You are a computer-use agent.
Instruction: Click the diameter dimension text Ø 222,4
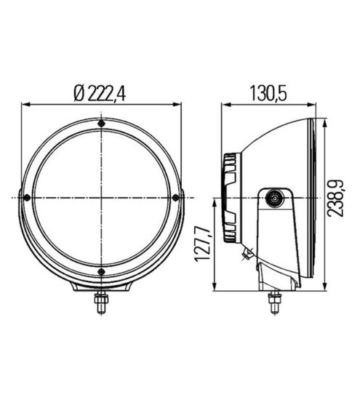click(x=100, y=94)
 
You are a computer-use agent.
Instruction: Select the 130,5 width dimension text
click(x=268, y=94)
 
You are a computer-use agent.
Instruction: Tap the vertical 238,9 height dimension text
click(x=336, y=198)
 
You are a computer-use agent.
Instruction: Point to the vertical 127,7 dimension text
click(x=203, y=244)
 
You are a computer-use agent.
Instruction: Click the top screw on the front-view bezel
click(x=102, y=124)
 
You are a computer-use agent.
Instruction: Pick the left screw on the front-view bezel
click(x=27, y=197)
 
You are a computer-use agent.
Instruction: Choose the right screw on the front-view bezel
click(x=176, y=197)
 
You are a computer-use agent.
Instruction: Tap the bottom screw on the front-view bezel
click(x=102, y=272)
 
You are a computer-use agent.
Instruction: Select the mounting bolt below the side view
click(x=274, y=303)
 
